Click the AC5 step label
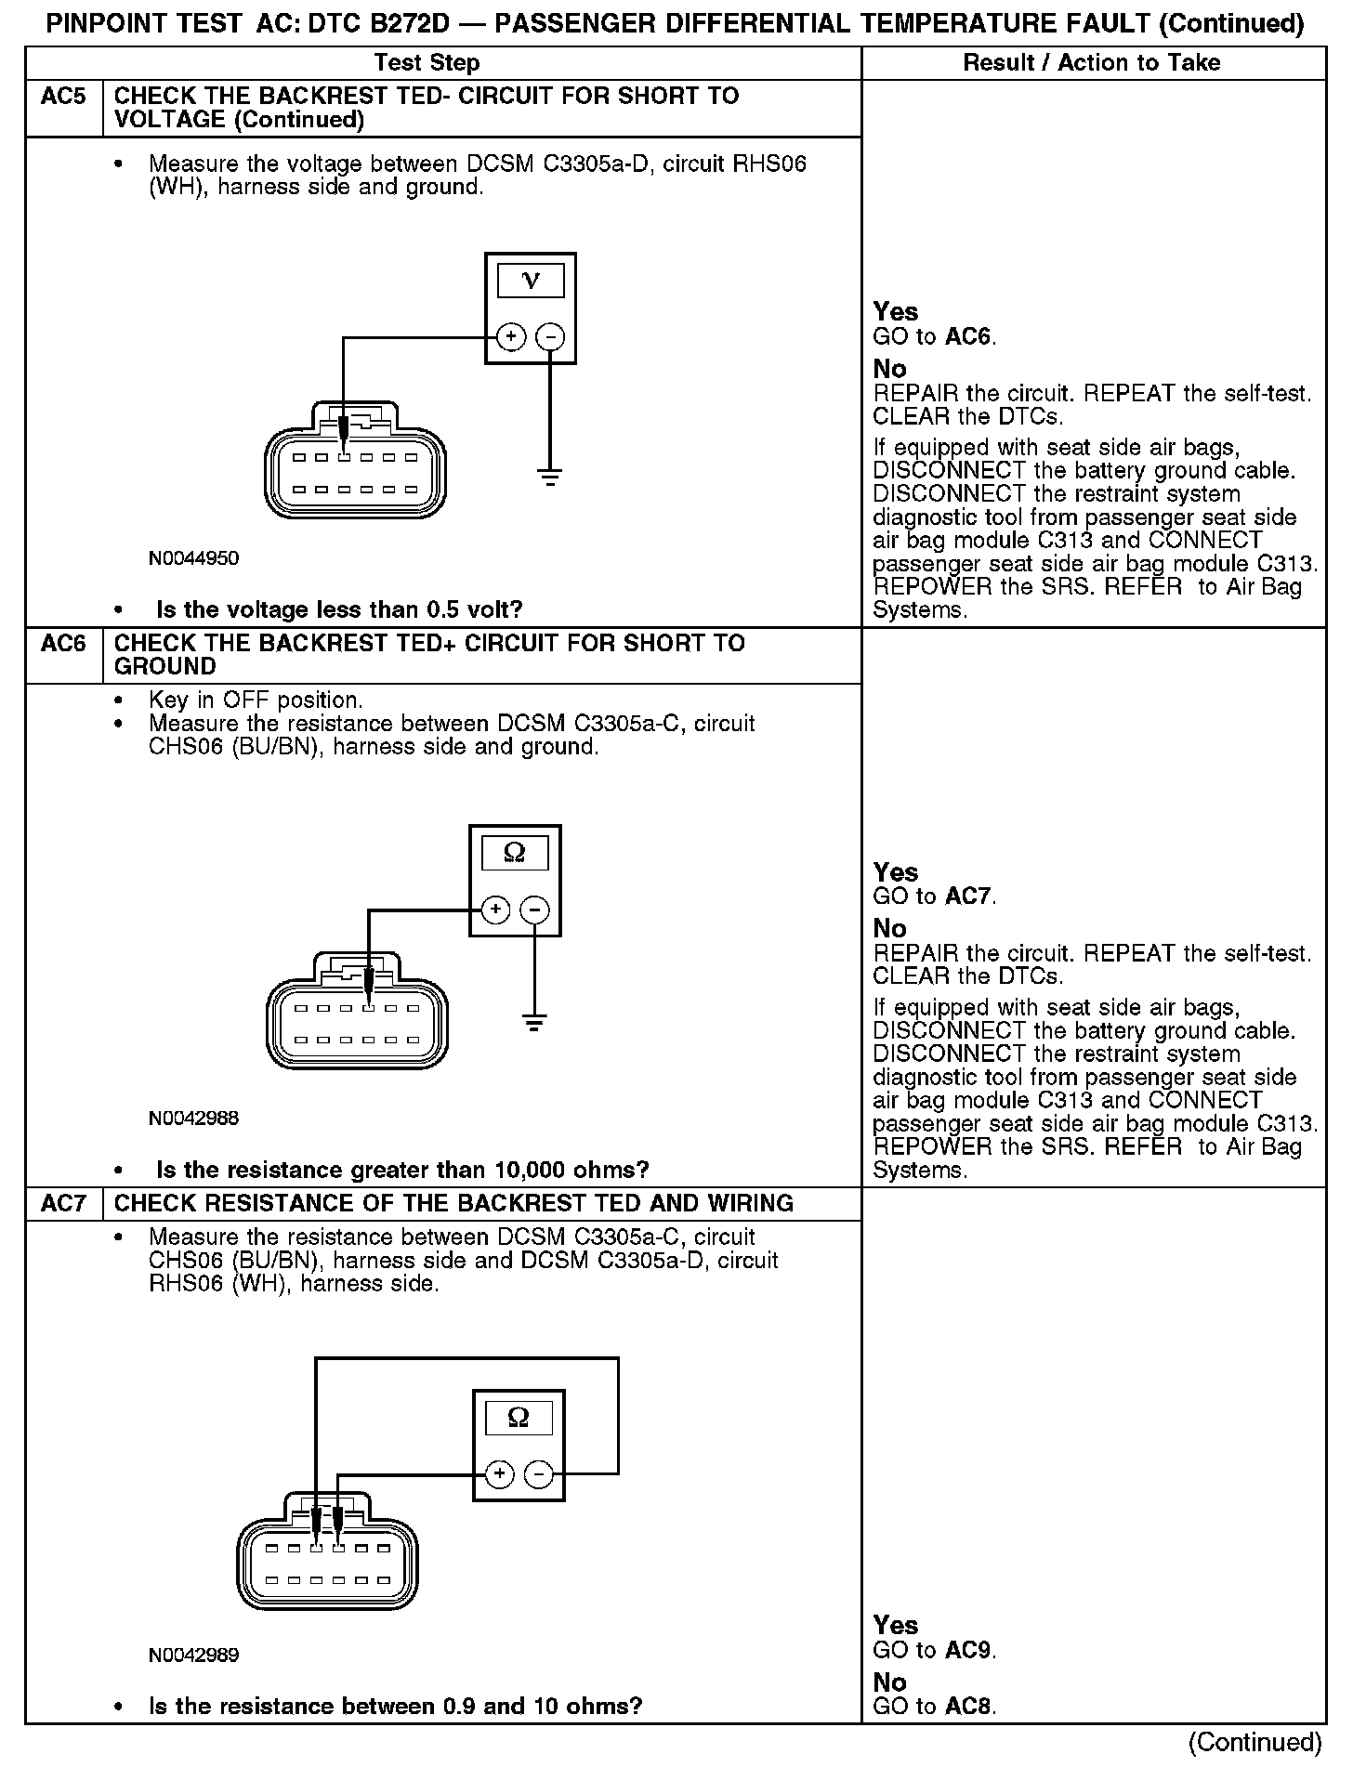point(63,97)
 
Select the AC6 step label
point(63,644)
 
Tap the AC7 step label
point(63,1204)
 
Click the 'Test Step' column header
point(427,63)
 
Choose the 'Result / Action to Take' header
point(1092,63)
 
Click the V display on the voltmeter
point(531,280)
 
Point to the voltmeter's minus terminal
point(551,336)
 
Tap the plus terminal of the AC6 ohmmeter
point(495,910)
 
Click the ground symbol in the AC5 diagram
point(550,478)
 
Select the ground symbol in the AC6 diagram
point(534,1025)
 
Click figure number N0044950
point(193,558)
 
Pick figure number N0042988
point(193,1119)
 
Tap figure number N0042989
point(193,1656)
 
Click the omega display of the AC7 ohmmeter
point(519,1418)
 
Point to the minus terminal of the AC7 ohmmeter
point(539,1474)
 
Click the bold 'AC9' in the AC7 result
point(968,1651)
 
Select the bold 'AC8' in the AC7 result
point(968,1707)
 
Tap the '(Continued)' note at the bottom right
point(1254,1742)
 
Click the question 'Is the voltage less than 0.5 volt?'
point(339,610)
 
